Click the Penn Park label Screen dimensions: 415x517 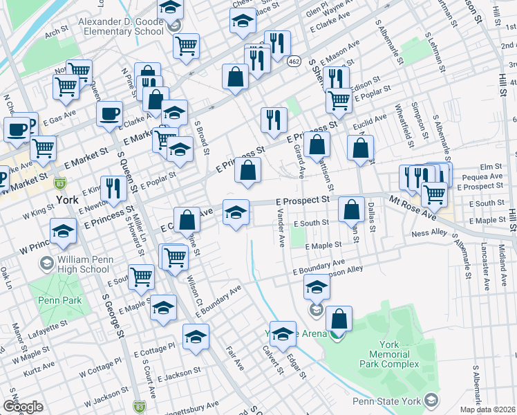pyautogui.click(x=60, y=300)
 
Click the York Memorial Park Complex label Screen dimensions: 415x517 pyautogui.click(x=389, y=354)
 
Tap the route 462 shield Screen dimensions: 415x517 pyautogui.click(x=293, y=62)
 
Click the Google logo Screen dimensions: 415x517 pyautogui.click(x=23, y=407)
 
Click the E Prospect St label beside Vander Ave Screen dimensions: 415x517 pyautogui.click(x=303, y=200)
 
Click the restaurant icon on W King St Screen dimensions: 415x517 pyautogui.click(x=112, y=187)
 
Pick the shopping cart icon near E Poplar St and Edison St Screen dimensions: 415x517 pyautogui.click(x=339, y=100)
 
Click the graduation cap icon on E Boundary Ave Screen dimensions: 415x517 pyautogui.click(x=317, y=285)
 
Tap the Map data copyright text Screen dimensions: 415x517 pyautogui.click(x=489, y=409)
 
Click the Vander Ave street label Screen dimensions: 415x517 pyautogui.click(x=281, y=230)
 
